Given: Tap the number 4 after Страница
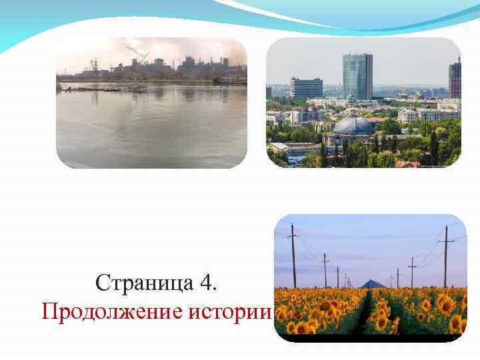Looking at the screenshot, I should [x=207, y=283].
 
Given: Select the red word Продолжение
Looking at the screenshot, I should [x=113, y=311].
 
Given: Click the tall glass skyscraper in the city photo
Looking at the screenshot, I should [x=357, y=76].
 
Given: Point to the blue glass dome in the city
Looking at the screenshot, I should [x=353, y=125].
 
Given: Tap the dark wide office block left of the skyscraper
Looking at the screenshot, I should [x=307, y=87].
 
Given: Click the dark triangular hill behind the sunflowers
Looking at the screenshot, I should [x=372, y=284].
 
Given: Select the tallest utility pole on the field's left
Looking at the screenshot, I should [x=293, y=257].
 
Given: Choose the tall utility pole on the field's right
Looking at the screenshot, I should [x=446, y=257].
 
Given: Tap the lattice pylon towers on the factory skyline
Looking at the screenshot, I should [x=93, y=65].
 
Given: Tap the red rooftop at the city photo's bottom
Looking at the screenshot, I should [x=407, y=164].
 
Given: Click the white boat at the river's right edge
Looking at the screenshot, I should [x=233, y=80].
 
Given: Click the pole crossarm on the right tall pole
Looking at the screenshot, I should [x=446, y=239].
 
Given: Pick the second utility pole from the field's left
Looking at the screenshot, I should [x=325, y=270].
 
